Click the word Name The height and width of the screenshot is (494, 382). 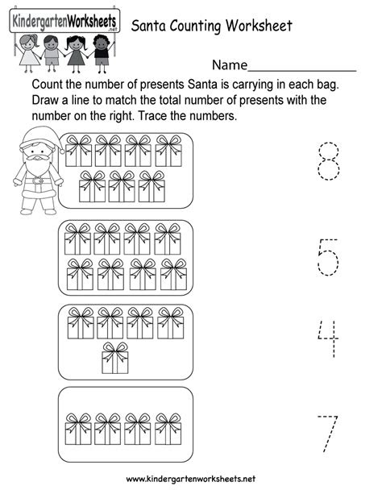click(230, 64)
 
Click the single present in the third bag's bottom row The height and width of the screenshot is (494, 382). click(114, 357)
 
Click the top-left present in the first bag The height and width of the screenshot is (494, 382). click(79, 151)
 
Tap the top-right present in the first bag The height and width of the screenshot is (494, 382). click(168, 151)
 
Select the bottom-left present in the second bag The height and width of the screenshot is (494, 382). click(80, 274)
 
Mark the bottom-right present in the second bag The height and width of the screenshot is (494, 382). click(173, 274)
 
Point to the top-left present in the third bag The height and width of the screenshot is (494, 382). click(81, 322)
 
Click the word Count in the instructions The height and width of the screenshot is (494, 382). click(48, 85)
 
